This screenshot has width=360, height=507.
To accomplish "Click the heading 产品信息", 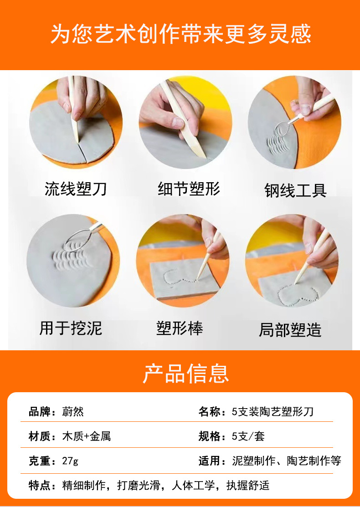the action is coord(185,374).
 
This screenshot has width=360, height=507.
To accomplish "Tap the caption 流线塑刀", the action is coord(76,189).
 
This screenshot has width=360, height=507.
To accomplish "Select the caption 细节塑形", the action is coord(189,189).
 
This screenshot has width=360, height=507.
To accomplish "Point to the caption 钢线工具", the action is coord(295,190).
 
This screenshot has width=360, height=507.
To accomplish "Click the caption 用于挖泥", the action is coord(71,328).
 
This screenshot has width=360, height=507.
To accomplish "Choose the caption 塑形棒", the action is coord(180,328).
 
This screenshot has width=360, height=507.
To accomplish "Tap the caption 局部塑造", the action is coord(290,330).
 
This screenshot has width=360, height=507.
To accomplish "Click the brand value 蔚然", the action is coord(73,412).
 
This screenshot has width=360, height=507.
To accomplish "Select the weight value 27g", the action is coord(70,461).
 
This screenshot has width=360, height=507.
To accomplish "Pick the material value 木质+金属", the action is coord(87,436).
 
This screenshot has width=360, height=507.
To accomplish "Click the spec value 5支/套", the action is coord(248,436).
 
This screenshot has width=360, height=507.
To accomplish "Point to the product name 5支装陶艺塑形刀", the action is coord(273,412).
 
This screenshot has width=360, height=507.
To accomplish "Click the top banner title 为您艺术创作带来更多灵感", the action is coord(180,34).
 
